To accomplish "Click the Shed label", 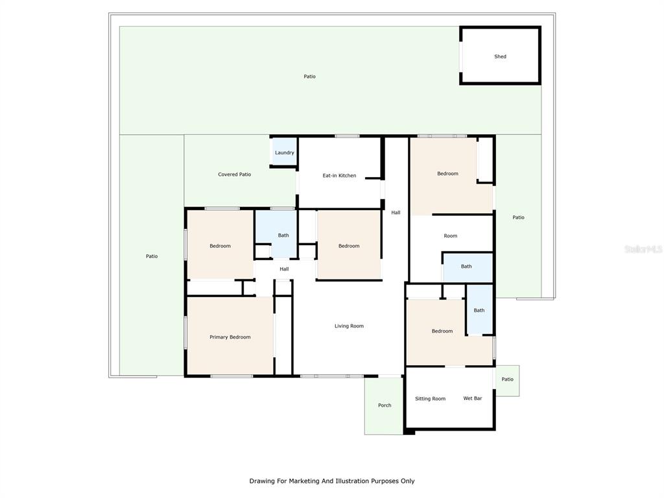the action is [500, 56].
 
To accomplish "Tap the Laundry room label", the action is [285, 153].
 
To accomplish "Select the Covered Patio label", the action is [235, 174].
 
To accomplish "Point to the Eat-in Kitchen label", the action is [339, 176].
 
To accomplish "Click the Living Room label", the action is [349, 326].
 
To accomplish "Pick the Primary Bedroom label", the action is [230, 337].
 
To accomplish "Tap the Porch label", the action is [385, 405].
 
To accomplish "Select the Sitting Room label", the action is [431, 399].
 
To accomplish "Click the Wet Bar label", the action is [473, 398].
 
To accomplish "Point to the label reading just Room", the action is [451, 236].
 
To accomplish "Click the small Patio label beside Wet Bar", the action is [507, 379].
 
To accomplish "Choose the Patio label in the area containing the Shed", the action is [309, 77].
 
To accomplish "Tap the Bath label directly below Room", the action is [466, 267].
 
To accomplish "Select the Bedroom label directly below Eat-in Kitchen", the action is [349, 246].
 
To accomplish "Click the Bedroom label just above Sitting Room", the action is [442, 331].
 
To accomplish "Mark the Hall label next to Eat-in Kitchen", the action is [396, 213].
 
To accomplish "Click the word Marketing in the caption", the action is [304, 481].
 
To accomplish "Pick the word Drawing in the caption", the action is [262, 481].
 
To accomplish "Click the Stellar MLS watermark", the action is [643, 250].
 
